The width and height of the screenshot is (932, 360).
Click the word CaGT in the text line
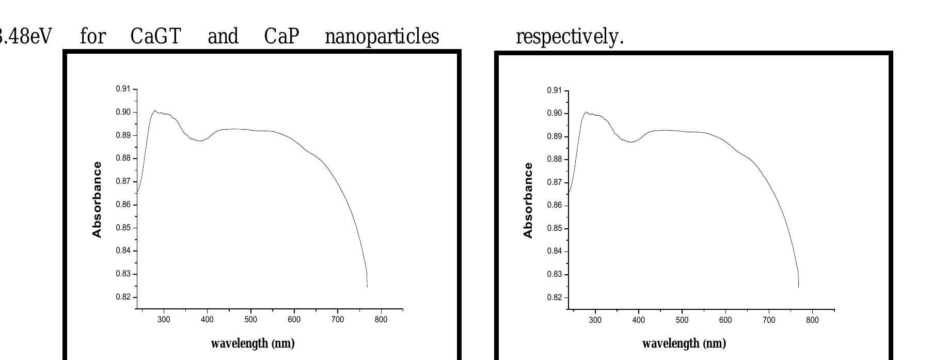[155, 37]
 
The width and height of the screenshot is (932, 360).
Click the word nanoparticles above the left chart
[382, 37]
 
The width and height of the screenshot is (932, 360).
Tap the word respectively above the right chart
[570, 37]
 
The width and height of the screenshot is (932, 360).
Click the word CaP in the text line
[281, 37]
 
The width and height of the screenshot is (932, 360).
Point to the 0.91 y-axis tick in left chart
[123, 89]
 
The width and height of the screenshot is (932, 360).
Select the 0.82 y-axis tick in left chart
[123, 297]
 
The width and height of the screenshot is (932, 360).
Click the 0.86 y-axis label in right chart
[554, 206]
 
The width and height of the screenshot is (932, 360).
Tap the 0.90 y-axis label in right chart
[554, 114]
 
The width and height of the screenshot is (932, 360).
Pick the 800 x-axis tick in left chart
[381, 320]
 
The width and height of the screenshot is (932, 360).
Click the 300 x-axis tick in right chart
[595, 320]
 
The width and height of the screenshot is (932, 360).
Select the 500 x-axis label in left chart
[250, 320]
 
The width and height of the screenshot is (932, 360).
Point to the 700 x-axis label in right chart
[769, 320]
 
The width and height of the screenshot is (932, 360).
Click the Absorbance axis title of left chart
[97, 199]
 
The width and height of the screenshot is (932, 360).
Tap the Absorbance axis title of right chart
[528, 200]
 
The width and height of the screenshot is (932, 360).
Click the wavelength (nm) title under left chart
[252, 343]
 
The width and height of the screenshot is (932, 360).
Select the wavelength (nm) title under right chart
[684, 343]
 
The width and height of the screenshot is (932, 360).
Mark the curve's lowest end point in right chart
[798, 287]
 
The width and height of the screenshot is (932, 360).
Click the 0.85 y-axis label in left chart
[123, 228]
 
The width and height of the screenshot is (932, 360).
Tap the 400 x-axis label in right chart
[638, 320]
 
